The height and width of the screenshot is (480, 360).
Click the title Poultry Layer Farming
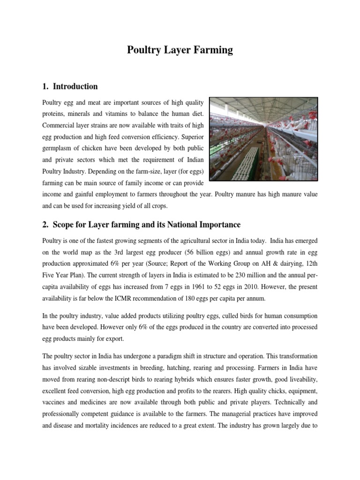pos(180,50)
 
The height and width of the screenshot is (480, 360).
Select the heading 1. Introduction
pos(70,86)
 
